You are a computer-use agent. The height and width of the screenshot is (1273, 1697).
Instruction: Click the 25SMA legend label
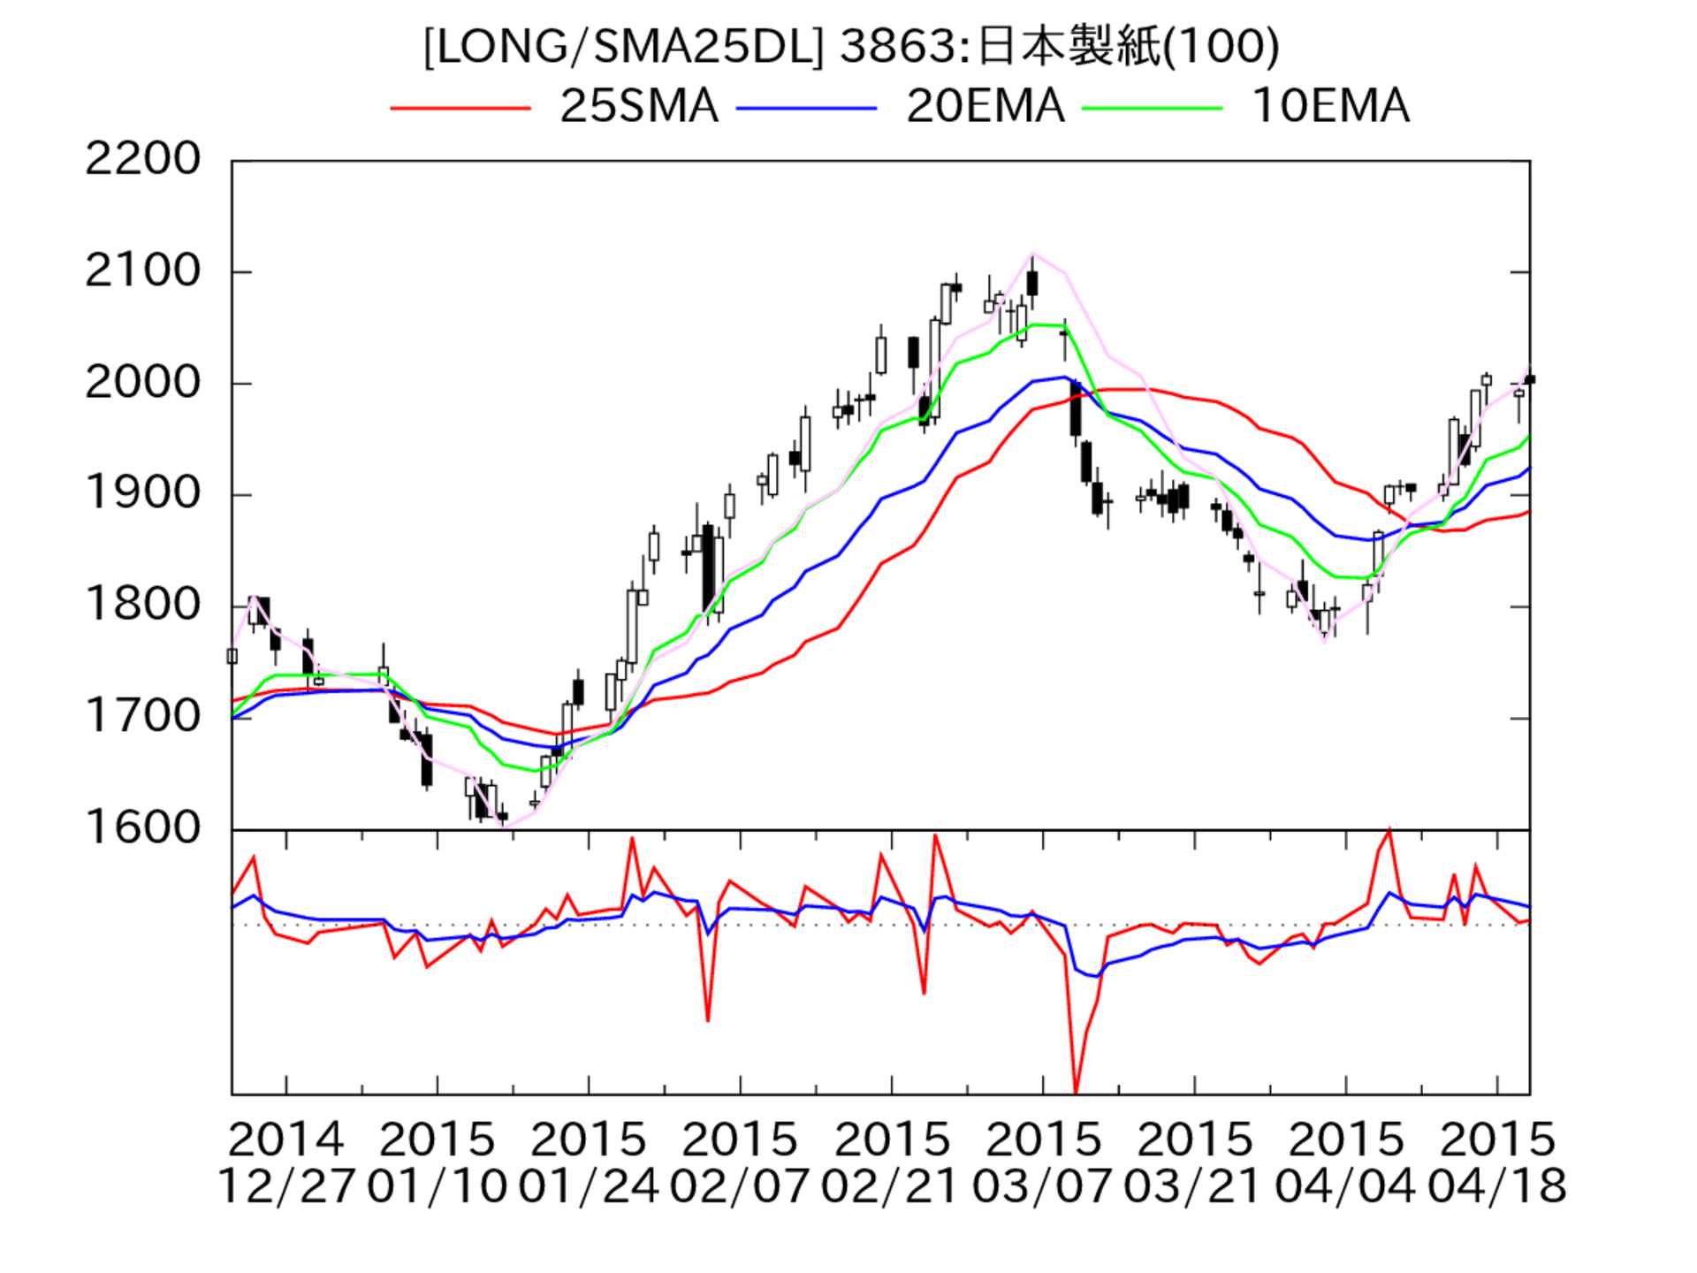638,106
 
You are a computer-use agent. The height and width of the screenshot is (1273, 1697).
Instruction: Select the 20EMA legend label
985,106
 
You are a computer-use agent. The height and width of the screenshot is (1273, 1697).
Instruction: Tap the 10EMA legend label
1330,106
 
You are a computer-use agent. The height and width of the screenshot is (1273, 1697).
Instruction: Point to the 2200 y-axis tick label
142,160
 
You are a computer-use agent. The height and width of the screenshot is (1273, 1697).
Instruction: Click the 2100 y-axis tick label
142,271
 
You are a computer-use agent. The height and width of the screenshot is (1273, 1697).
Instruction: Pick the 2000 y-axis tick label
142,383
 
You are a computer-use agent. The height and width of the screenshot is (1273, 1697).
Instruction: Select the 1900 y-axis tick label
142,494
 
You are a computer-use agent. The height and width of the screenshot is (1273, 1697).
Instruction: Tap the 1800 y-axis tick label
142,606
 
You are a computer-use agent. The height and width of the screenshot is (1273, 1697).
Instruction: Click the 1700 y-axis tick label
142,717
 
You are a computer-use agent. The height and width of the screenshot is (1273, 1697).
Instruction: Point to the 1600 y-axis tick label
142,828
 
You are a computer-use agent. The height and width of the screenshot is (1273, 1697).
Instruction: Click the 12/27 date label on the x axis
285,1186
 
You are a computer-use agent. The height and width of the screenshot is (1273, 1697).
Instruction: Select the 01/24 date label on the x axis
588,1186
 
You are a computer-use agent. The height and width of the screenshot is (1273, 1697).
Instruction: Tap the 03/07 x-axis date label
1042,1186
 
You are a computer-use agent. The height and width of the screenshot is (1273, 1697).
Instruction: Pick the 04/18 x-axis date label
1496,1186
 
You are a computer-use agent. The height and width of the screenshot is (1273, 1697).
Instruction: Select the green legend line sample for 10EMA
1153,108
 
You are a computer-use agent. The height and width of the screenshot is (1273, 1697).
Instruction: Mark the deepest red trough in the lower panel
1076,1093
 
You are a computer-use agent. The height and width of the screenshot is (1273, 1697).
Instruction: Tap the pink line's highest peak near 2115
1032,254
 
